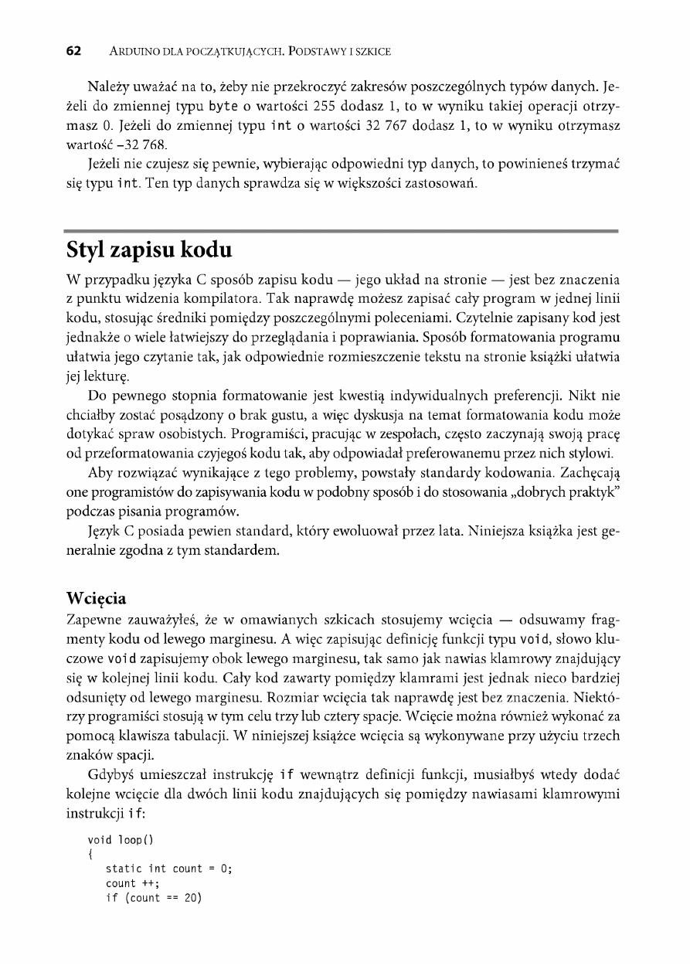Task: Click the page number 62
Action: (73, 52)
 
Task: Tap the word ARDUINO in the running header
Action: (139, 52)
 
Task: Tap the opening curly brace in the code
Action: (92, 854)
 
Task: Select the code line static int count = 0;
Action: (168, 869)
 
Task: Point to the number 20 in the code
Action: (189, 898)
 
